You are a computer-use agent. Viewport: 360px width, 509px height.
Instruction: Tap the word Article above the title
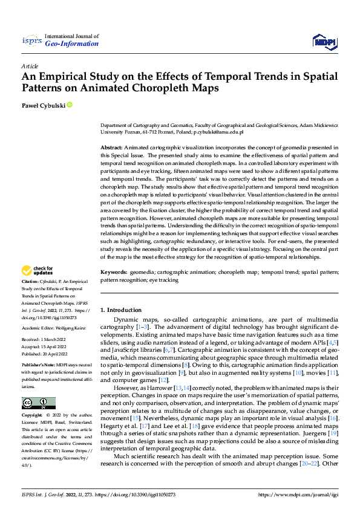click(29, 66)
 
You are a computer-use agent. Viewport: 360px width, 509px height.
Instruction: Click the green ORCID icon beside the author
click(70, 106)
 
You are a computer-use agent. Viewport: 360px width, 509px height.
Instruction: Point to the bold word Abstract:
click(111, 148)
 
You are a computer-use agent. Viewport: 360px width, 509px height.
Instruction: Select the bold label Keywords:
click(114, 273)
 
